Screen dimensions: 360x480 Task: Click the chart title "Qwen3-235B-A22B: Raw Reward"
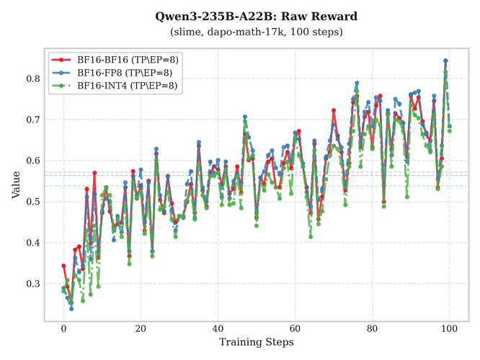point(257,16)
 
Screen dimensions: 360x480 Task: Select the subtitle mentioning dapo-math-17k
point(257,32)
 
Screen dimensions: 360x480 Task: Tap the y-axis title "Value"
point(16,184)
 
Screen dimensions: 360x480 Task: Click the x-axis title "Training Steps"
point(257,342)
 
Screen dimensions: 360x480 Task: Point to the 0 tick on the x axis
point(63,328)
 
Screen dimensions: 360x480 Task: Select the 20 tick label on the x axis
point(141,328)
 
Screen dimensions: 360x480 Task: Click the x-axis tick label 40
point(218,328)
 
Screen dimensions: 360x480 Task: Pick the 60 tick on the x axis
point(295,328)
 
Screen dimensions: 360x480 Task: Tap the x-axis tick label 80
point(372,328)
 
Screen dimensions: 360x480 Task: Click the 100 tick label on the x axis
point(449,328)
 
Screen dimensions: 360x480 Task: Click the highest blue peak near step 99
point(445,60)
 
